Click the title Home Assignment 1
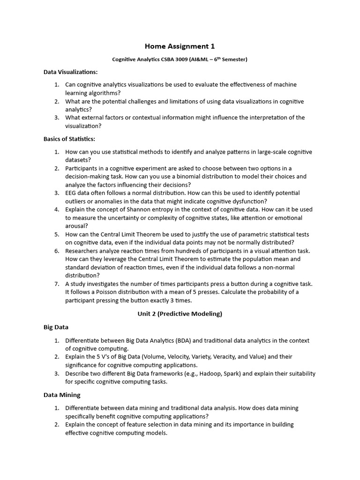pyautogui.click(x=180, y=46)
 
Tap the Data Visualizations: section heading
pyautogui.click(x=71, y=72)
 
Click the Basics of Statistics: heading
pyautogui.click(x=69, y=139)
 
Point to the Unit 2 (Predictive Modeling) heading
pyautogui.click(x=180, y=314)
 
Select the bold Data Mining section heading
pyautogui.click(x=62, y=395)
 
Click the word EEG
pyautogui.click(x=72, y=193)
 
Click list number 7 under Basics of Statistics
pyautogui.click(x=56, y=284)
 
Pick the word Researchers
pyautogui.click(x=82, y=251)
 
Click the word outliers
pyautogui.click(x=76, y=201)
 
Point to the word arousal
pyautogui.click(x=76, y=226)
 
